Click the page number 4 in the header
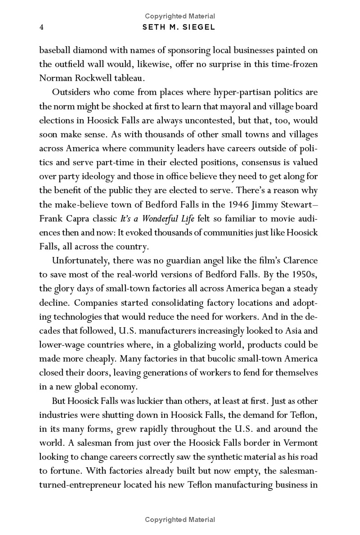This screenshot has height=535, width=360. click(x=41, y=28)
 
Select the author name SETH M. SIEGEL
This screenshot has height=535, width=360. click(x=179, y=28)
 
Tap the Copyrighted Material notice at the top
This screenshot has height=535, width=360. click(x=180, y=16)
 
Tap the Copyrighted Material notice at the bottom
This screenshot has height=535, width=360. click(x=180, y=520)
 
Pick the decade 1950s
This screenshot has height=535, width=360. click(x=304, y=275)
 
